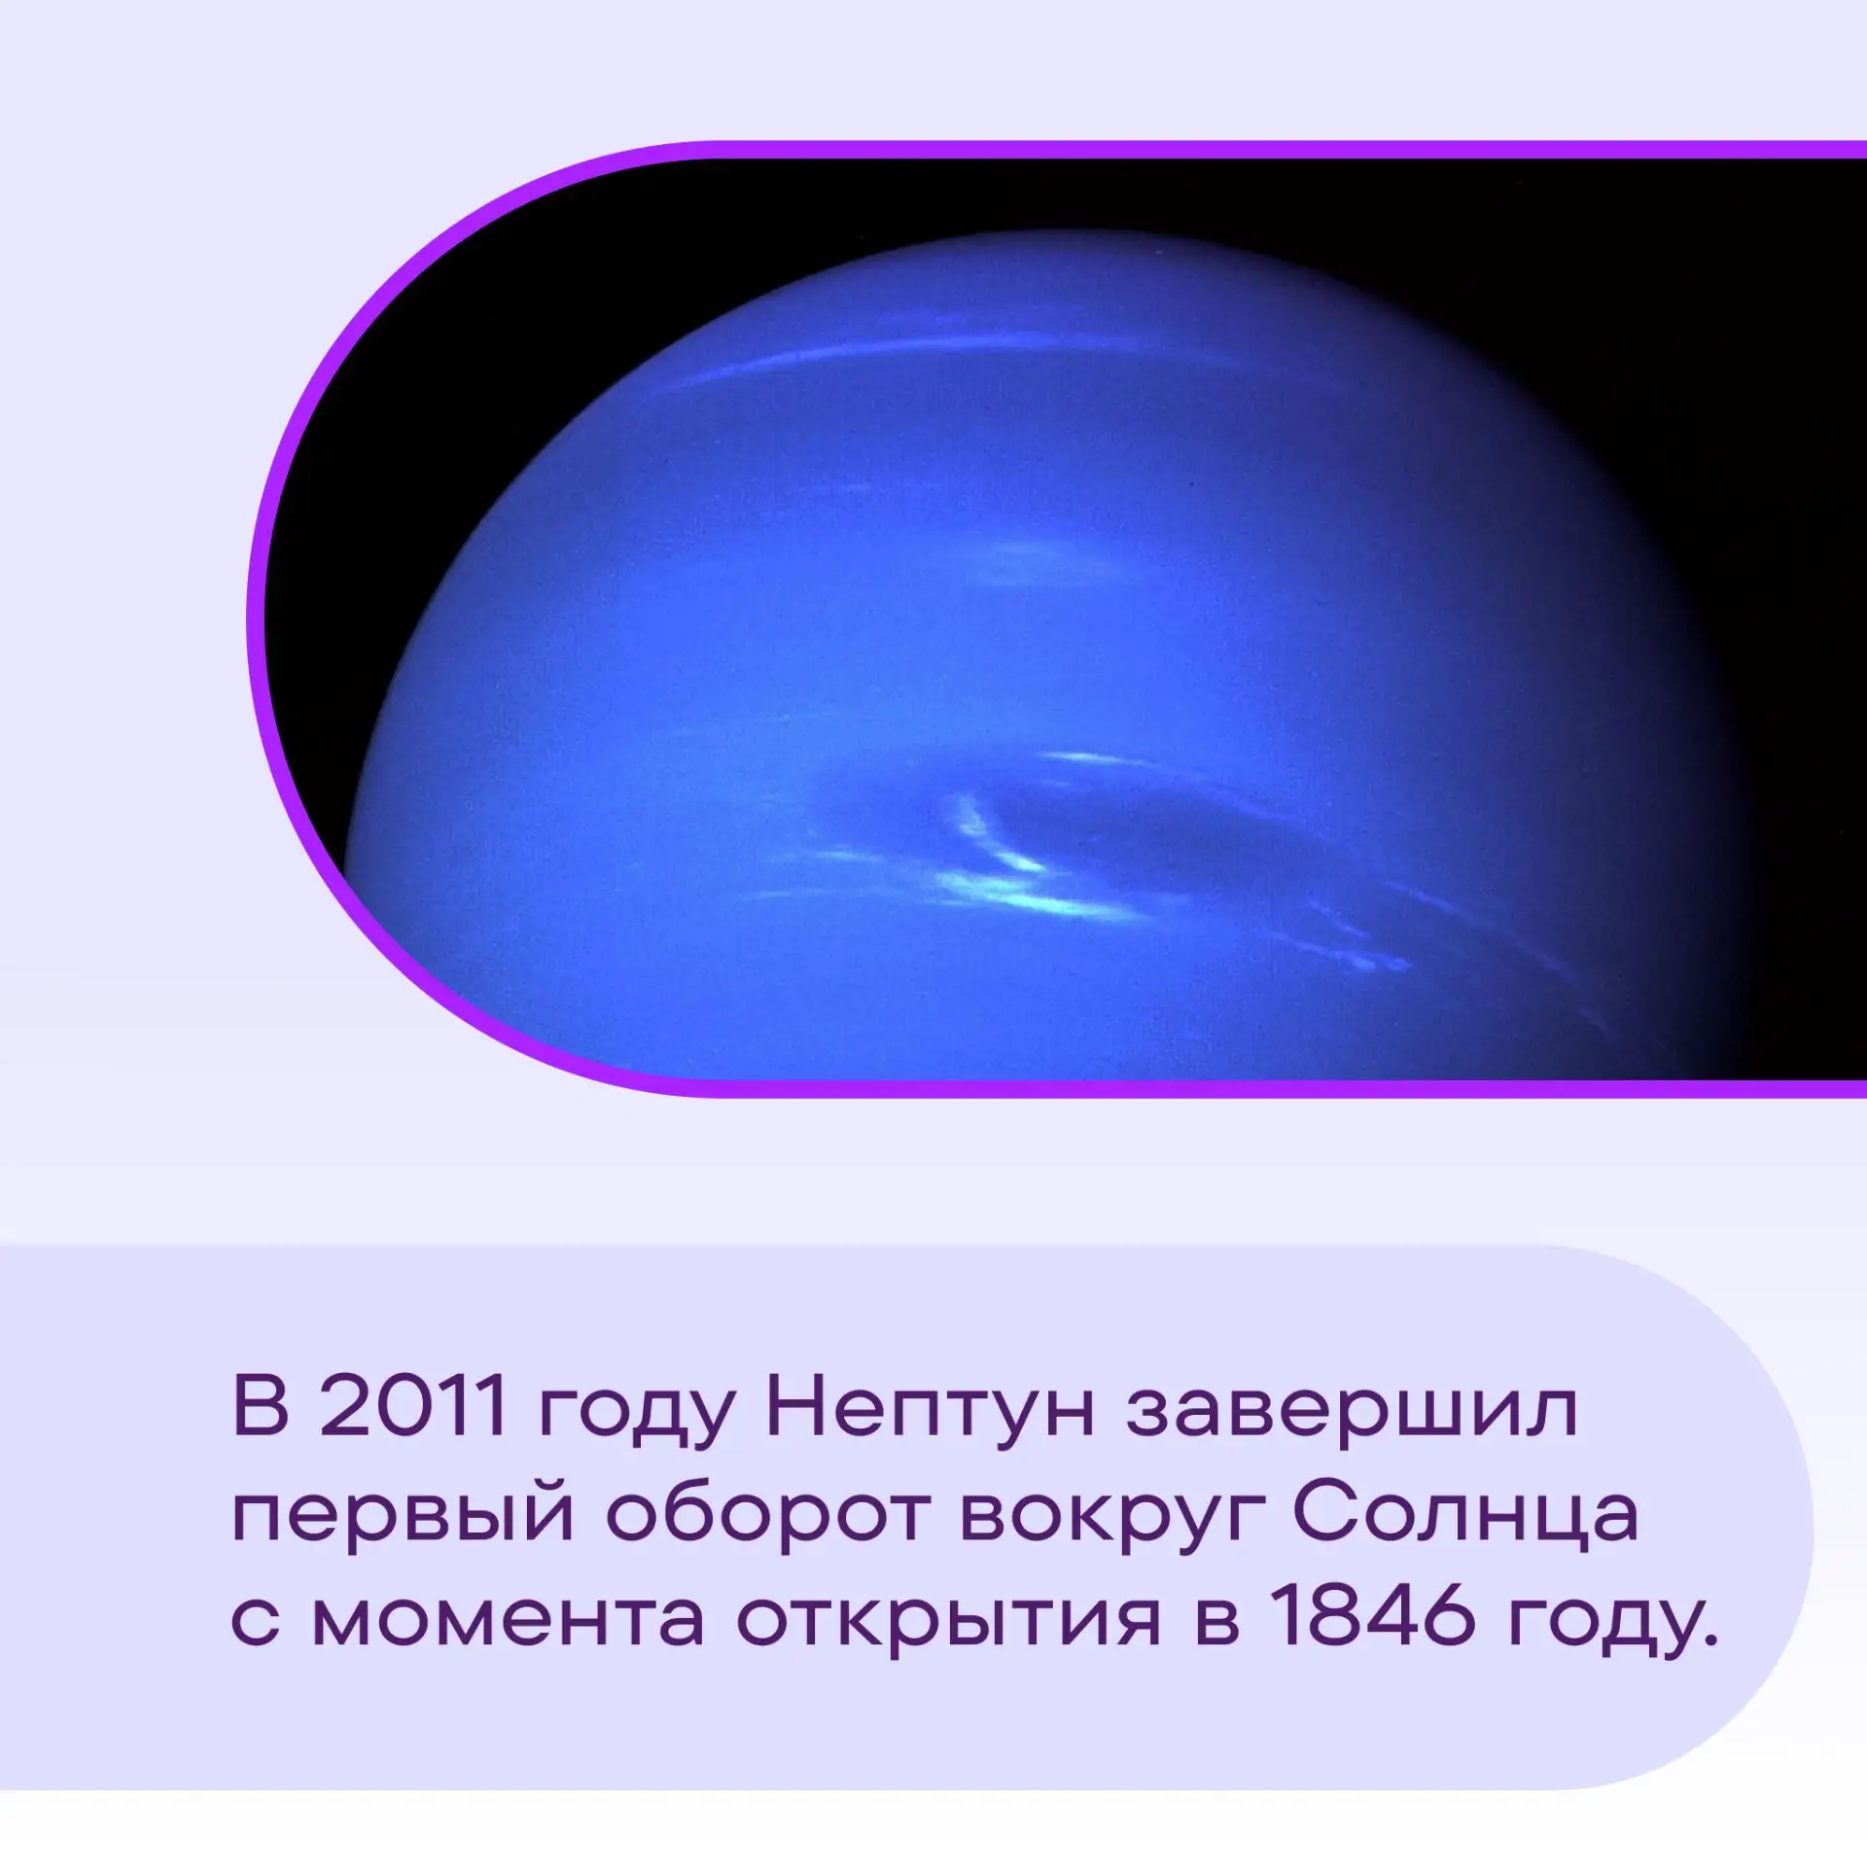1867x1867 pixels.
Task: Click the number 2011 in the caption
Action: click(413, 1405)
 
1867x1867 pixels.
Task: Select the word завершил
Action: click(1352, 1413)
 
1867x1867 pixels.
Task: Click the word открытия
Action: click(948, 1629)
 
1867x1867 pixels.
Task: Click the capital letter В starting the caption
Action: click(261, 1405)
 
